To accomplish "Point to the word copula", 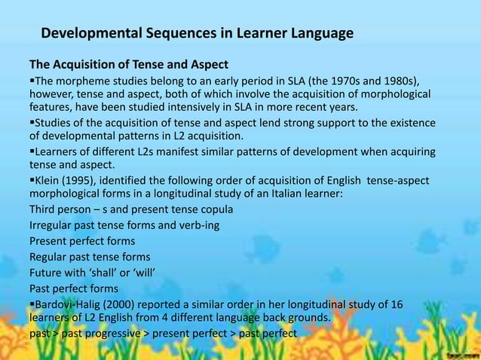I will [x=214, y=209].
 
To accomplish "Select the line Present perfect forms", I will [x=82, y=242].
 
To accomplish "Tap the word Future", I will [x=47, y=272].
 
